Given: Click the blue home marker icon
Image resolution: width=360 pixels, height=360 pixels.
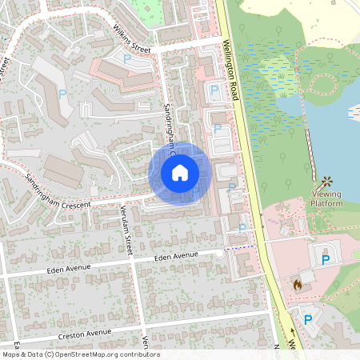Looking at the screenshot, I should pos(180,173).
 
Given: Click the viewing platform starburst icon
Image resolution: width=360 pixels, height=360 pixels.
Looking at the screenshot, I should pos(326,182).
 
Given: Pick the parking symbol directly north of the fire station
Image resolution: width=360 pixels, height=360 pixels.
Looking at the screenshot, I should pos(326,259).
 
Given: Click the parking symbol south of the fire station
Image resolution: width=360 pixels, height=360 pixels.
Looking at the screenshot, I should pos(308,319).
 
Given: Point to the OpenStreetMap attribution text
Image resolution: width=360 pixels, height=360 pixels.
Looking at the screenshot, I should pos(80,354).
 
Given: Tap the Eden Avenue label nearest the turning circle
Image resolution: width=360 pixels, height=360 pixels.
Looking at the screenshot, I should pos(175,256).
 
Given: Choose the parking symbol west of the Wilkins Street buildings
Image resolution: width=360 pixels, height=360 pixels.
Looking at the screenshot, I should pos(62,94).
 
